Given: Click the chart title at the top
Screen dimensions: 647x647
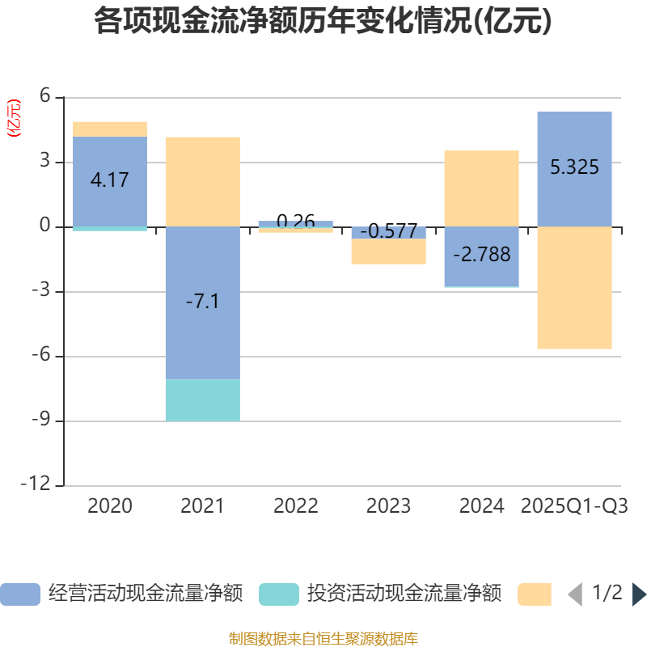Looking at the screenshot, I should click(323, 22).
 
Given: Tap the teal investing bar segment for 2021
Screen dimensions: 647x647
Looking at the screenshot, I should click(202, 400).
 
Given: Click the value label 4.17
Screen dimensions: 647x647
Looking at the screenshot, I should click(109, 180).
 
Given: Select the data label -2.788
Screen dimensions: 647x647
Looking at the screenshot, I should click(481, 255).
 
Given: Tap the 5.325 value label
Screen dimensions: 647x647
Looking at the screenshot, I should click(574, 167).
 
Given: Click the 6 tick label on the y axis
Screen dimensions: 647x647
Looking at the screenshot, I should click(45, 97).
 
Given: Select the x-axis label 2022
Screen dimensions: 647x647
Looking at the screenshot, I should click(295, 506).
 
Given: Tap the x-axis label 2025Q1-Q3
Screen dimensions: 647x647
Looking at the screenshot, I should click(574, 506).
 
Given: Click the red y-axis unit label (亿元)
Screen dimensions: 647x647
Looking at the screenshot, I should click(14, 119).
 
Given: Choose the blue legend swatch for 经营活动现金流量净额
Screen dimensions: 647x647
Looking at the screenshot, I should click(19, 594).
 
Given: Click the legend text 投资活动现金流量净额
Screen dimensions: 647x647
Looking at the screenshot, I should click(404, 594).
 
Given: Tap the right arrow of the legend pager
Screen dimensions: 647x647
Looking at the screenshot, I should click(639, 594).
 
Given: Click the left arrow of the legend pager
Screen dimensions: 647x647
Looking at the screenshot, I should click(575, 594).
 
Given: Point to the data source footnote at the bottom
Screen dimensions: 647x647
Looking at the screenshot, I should click(323, 639).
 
